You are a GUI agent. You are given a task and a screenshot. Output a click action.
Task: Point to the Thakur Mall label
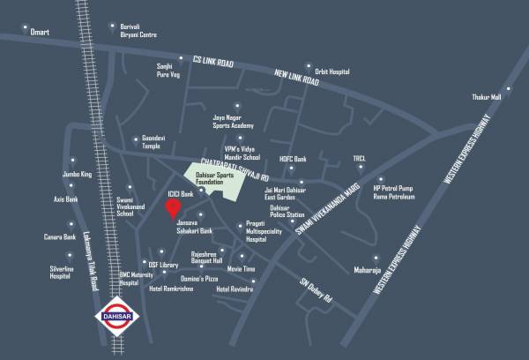point(484,97)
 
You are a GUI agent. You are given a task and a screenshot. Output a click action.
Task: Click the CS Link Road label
point(217,64)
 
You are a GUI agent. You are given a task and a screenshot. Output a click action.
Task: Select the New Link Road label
point(302,84)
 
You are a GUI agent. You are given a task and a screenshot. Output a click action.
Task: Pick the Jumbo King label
point(78,175)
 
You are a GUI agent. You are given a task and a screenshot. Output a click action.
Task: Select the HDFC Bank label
point(293,159)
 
